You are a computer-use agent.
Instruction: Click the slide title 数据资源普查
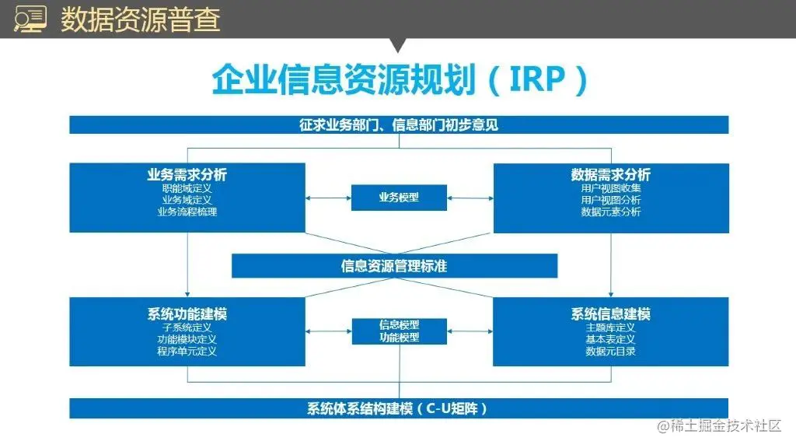[140, 19]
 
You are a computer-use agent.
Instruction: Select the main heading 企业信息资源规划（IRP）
[399, 80]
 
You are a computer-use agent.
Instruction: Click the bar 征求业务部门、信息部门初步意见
[399, 124]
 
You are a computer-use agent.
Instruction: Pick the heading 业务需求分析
[187, 175]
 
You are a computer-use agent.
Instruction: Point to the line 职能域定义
[187, 188]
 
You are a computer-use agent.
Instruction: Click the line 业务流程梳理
[187, 212]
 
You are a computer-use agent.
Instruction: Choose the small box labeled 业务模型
[399, 198]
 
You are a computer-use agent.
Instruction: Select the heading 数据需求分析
[611, 175]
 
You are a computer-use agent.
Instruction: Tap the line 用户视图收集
[611, 188]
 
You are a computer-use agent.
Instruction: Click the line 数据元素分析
[611, 212]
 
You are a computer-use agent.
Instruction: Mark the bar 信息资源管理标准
[394, 266]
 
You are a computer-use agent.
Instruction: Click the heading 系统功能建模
[187, 314]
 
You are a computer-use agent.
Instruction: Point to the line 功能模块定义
[187, 339]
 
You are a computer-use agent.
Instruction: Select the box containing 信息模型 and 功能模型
[399, 331]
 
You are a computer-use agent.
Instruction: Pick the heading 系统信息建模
[611, 314]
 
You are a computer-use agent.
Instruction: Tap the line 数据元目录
[611, 351]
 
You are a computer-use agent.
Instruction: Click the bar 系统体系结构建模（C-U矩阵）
[399, 408]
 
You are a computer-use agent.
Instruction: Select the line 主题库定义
[611, 327]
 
